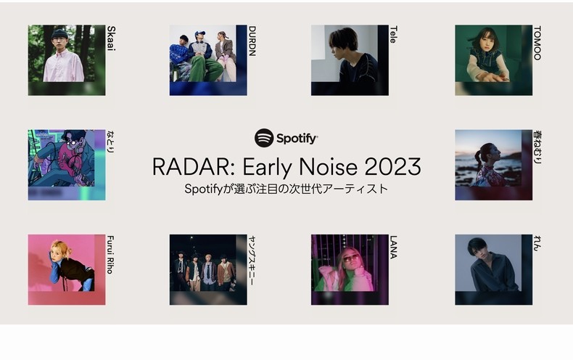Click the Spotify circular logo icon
[x=264, y=138]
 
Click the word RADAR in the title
[x=191, y=167]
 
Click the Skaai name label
[x=111, y=38]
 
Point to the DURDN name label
[x=252, y=41]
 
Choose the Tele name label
[x=393, y=34]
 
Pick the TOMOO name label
[x=537, y=43]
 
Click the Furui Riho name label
[x=110, y=255]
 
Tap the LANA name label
[x=393, y=247]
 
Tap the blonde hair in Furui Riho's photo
[x=61, y=248]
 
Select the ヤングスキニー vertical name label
[x=252, y=261]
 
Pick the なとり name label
[x=110, y=142]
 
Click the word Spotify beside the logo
[x=297, y=139]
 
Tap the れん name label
[x=537, y=243]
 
